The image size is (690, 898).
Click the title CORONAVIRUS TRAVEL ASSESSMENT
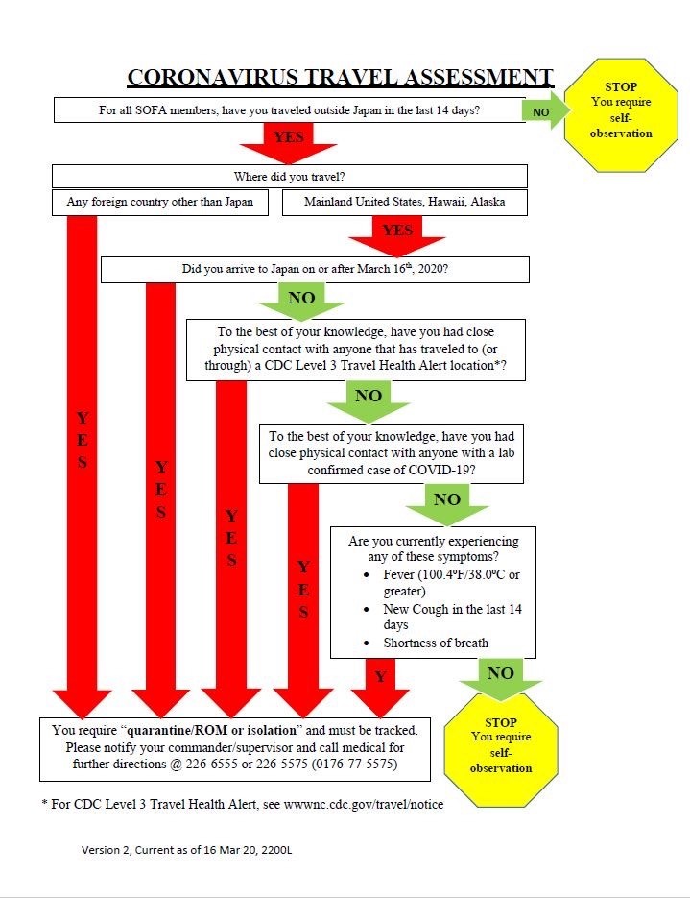[341, 77]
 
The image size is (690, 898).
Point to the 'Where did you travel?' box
[289, 177]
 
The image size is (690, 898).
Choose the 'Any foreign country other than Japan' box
[159, 202]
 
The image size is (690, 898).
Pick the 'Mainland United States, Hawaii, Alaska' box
[404, 202]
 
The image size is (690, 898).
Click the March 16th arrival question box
[315, 269]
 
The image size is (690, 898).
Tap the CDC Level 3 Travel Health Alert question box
[355, 350]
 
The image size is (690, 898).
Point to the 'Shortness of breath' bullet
[436, 643]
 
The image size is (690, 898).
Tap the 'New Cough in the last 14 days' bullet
[452, 617]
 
